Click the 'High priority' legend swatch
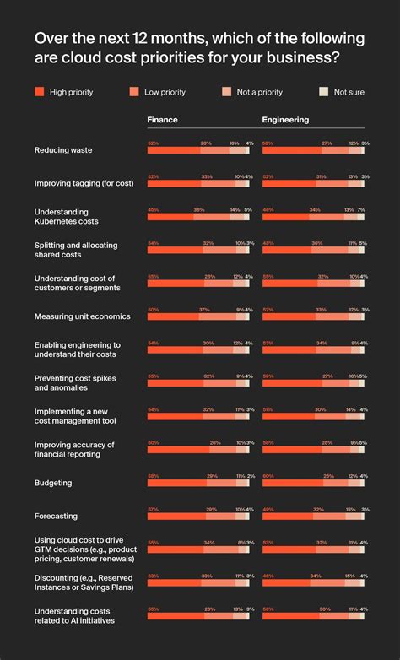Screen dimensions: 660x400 tap(39, 92)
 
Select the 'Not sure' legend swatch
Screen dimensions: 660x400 tap(322, 92)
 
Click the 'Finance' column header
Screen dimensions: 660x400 tap(162, 120)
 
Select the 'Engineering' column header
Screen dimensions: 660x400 tap(285, 120)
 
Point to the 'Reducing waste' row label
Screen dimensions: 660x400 tap(63, 149)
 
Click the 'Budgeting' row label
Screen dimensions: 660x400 tap(53, 483)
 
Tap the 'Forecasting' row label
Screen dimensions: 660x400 tap(57, 516)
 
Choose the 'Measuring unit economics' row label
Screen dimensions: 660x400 tap(82, 316)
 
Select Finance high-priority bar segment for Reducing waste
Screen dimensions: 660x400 tap(174, 151)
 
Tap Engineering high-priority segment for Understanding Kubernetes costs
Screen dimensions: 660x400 tap(285, 217)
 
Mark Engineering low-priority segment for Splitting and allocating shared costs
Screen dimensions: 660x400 tap(330, 251)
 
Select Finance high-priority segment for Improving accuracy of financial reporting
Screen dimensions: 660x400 tap(178, 451)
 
